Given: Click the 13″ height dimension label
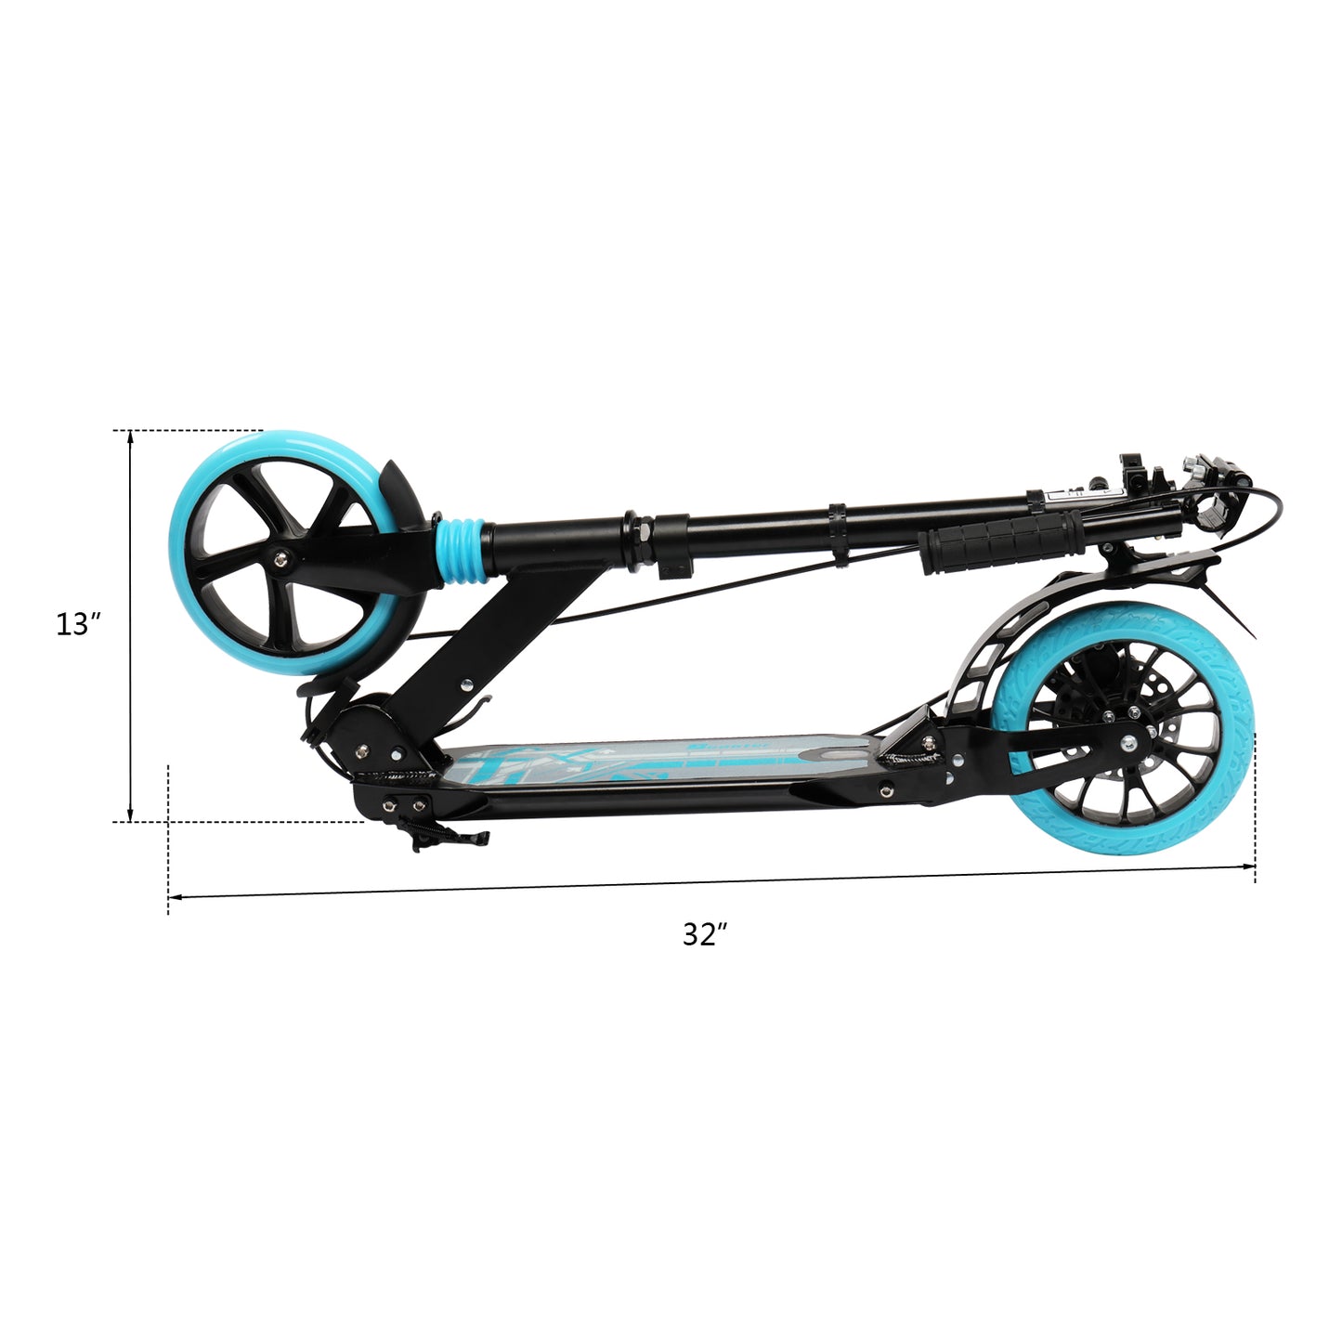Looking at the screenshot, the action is pos(79,624).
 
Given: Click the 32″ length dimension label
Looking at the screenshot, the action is pos(705,934).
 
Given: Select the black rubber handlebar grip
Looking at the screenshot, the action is pos(1001,541).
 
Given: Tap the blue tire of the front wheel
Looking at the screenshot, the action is pos(182,550).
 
